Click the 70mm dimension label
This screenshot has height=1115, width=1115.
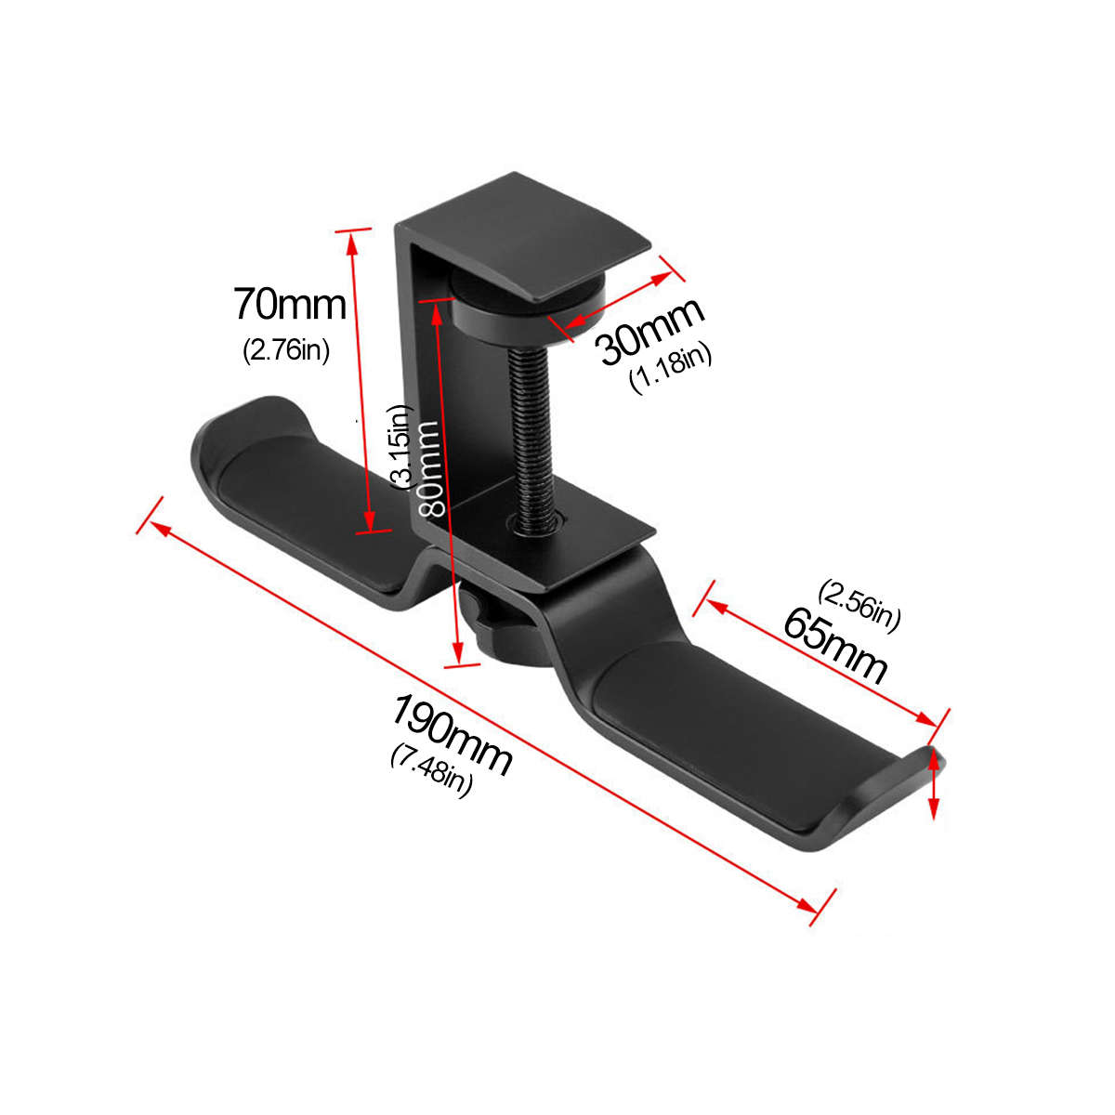tap(289, 304)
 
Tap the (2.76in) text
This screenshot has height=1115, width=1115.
tap(286, 351)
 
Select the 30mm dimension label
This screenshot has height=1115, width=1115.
tap(650, 331)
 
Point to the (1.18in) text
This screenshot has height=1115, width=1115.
tap(671, 368)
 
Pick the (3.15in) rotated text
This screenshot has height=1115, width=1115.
tap(400, 446)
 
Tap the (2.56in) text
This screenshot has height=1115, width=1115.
tap(859, 605)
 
